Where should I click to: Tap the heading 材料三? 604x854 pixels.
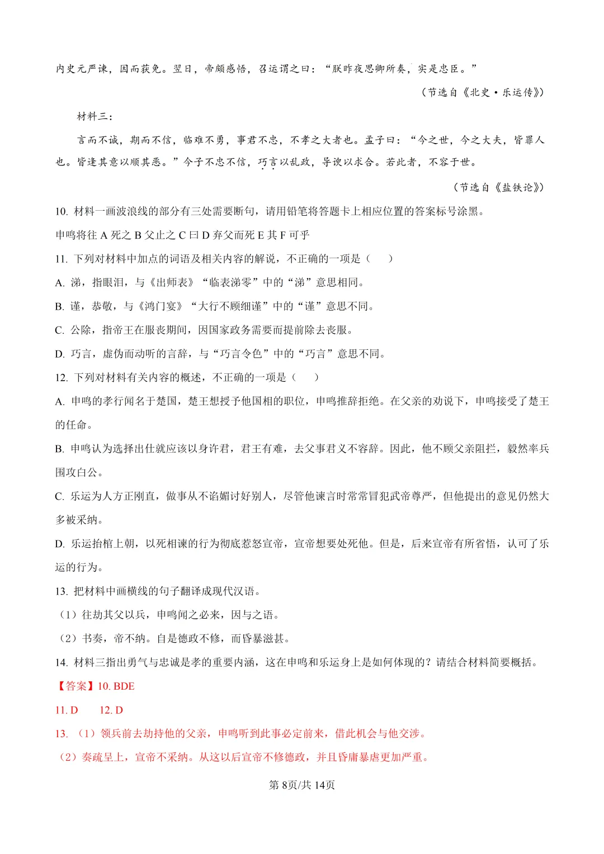click(x=95, y=116)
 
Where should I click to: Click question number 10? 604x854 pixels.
click(x=61, y=211)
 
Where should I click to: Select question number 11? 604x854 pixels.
click(x=61, y=259)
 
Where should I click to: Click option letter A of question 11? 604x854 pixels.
click(x=59, y=283)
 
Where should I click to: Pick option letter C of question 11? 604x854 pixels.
click(x=59, y=330)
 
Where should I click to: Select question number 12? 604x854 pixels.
click(x=61, y=378)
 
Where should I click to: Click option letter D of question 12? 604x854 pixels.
click(x=59, y=544)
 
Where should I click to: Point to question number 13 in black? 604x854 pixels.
click(x=61, y=591)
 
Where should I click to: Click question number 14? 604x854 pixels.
click(x=61, y=662)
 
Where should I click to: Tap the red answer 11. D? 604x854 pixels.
click(x=67, y=710)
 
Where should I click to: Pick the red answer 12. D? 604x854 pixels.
click(x=111, y=710)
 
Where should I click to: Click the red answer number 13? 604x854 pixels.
click(x=61, y=734)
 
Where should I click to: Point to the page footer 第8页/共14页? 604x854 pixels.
click(x=302, y=785)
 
